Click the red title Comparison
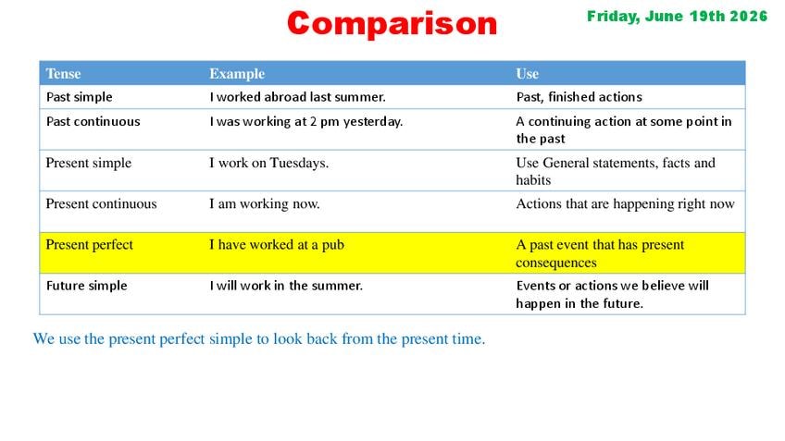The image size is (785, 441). pos(392,23)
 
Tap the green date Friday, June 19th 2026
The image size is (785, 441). pos(677,17)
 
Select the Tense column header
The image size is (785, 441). pos(63,74)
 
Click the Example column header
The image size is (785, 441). pos(237,74)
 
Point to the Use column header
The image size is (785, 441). pos(527,74)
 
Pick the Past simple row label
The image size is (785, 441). pos(79,96)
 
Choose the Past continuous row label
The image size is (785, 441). pos(93,121)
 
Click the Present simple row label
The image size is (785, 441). pos(89,163)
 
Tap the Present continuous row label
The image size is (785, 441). pos(101,203)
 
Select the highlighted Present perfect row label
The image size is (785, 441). pos(89,245)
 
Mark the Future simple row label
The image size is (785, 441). pos(87,286)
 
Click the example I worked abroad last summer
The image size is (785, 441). pos(297,96)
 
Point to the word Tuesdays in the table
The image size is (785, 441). pos(299,163)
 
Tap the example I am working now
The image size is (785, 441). pos(265,204)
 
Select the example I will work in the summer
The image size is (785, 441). pos(286,286)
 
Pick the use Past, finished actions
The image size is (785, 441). pos(579,96)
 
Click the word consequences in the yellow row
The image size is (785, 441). pos(556,263)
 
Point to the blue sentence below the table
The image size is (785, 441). pos(259,338)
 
